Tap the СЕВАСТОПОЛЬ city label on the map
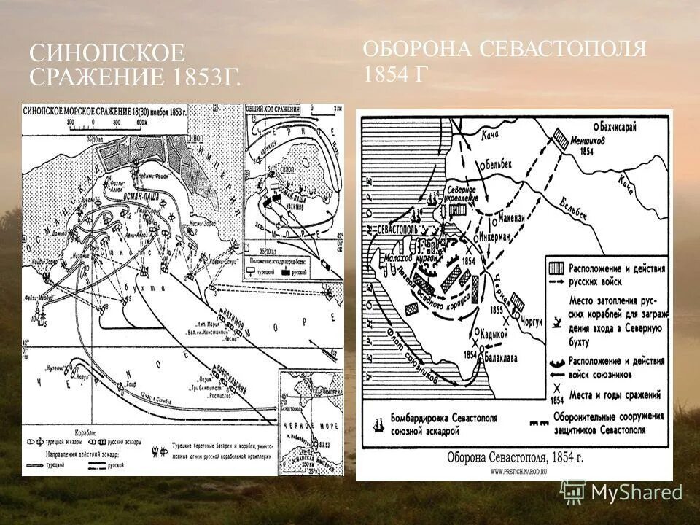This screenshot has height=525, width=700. point(398,228)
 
